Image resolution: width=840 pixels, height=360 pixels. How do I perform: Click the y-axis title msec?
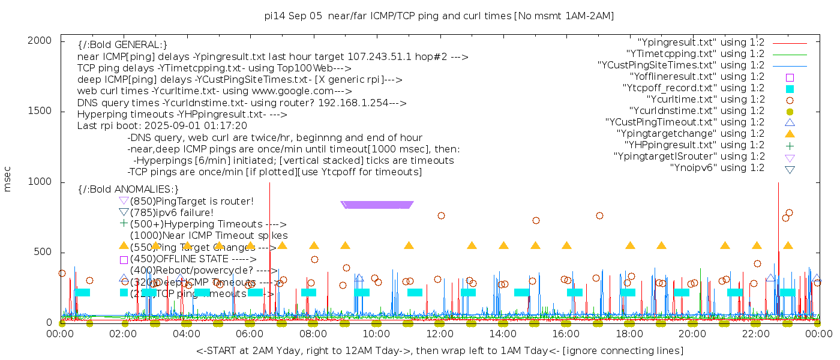coord(8,179)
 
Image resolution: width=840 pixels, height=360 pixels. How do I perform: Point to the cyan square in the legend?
coord(790,88)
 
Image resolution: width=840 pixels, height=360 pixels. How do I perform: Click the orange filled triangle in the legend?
coord(790,134)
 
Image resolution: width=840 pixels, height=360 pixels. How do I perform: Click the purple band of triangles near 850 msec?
coord(377,205)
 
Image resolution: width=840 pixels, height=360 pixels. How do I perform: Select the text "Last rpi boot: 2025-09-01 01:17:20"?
coord(162,126)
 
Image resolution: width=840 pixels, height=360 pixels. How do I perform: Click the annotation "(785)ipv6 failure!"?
coord(172,212)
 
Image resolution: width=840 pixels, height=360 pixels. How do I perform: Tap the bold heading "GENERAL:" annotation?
coord(122,45)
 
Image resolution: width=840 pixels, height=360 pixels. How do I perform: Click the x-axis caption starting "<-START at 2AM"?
coord(439,350)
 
